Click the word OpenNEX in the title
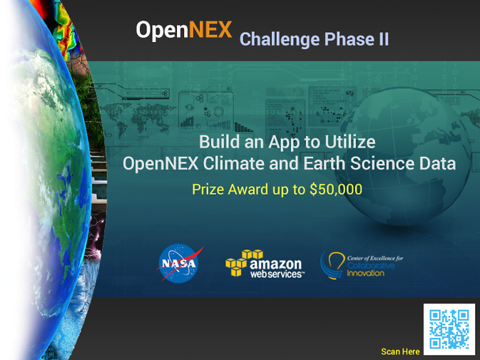[184, 30]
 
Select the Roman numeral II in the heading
[382, 39]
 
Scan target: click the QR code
[449, 329]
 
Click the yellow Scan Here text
[400, 351]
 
